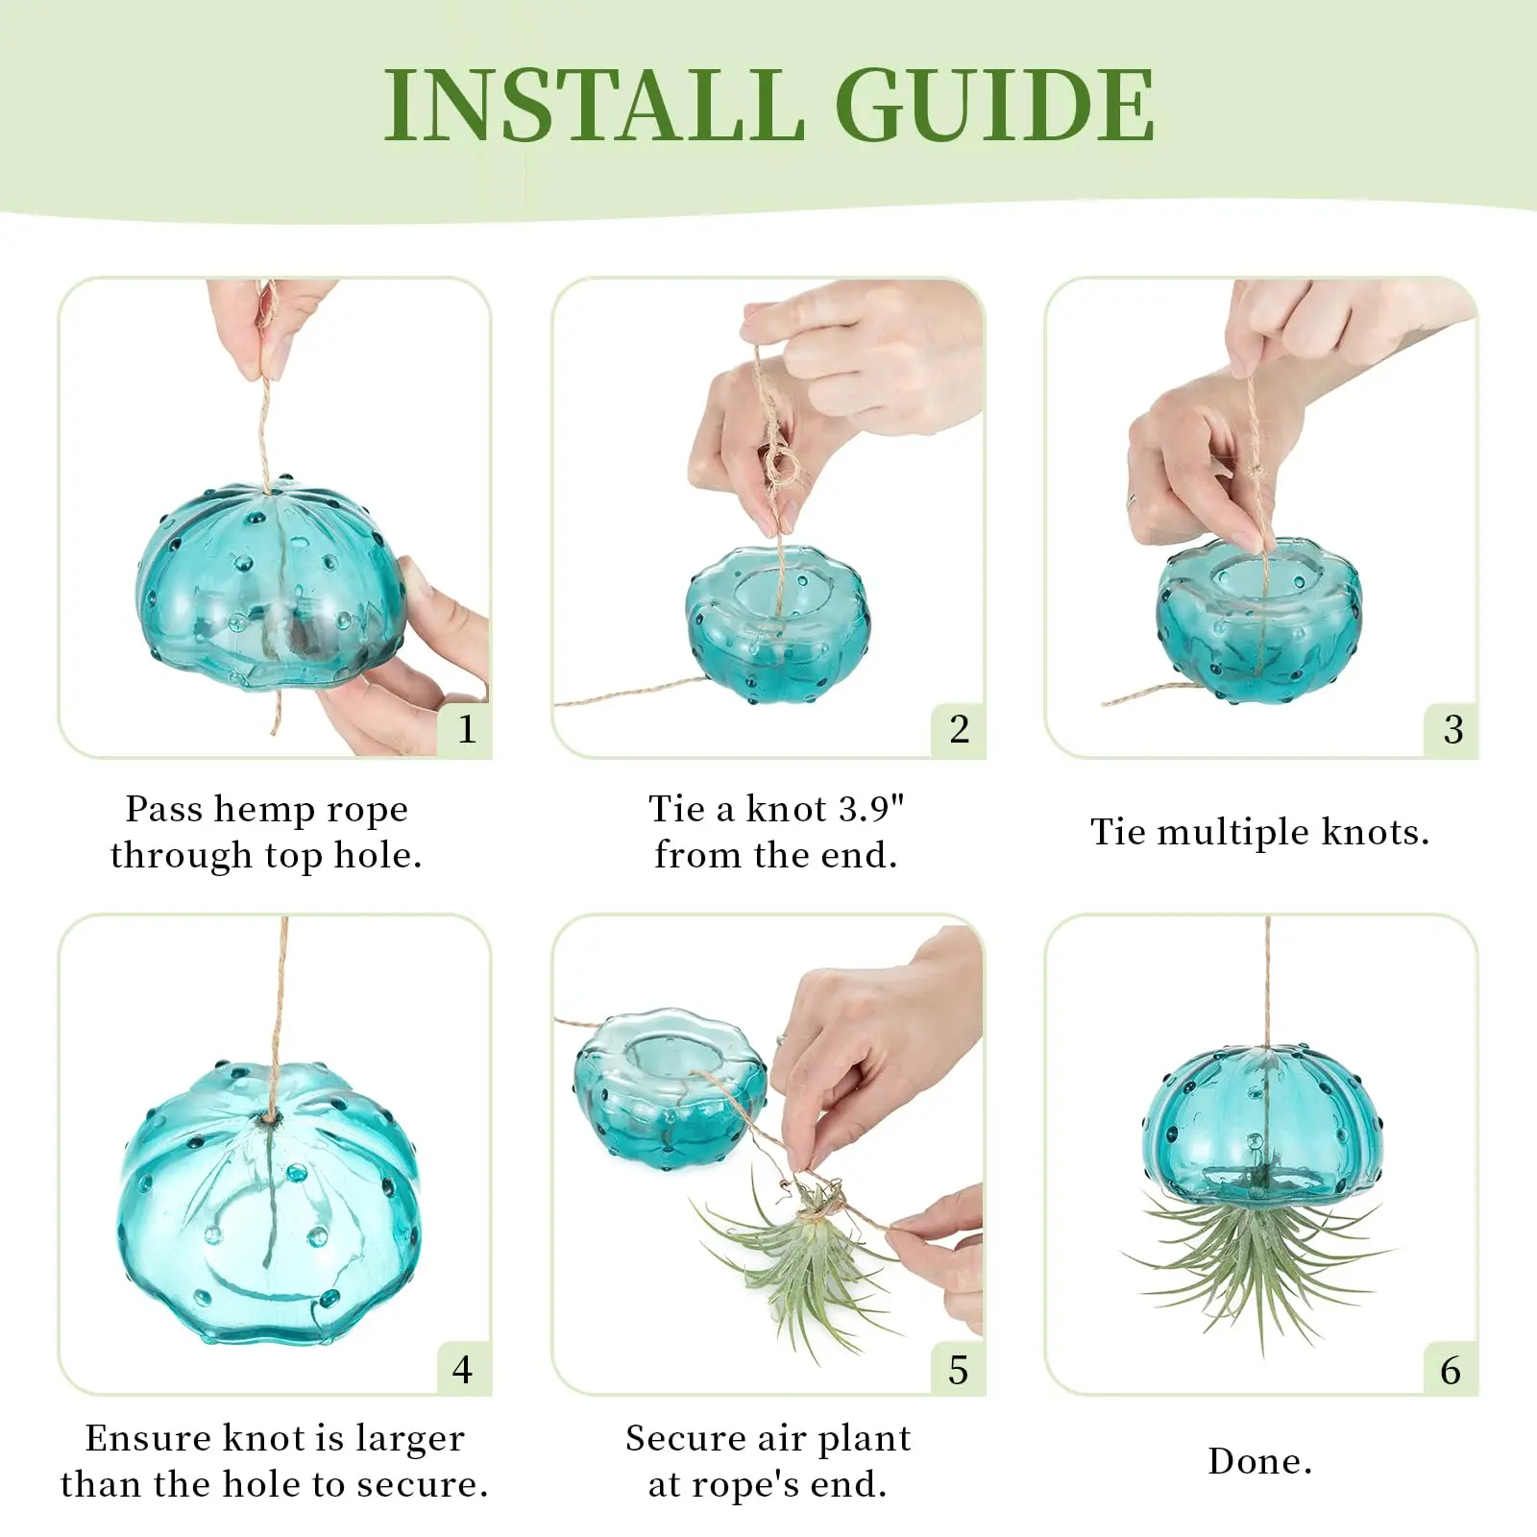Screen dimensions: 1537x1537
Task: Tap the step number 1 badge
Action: (466, 729)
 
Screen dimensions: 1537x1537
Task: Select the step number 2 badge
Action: (959, 729)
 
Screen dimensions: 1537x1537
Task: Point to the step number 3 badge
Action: (1452, 729)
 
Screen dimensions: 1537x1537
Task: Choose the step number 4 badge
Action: (463, 1368)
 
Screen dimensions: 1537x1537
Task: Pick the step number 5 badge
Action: (959, 1368)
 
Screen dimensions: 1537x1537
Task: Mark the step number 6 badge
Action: (1452, 1368)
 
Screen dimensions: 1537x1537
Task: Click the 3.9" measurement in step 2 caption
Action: (871, 809)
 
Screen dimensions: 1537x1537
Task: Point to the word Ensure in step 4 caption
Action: (148, 1438)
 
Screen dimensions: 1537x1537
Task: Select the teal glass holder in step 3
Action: (1258, 620)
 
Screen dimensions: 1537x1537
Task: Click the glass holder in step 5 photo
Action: (671, 1087)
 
